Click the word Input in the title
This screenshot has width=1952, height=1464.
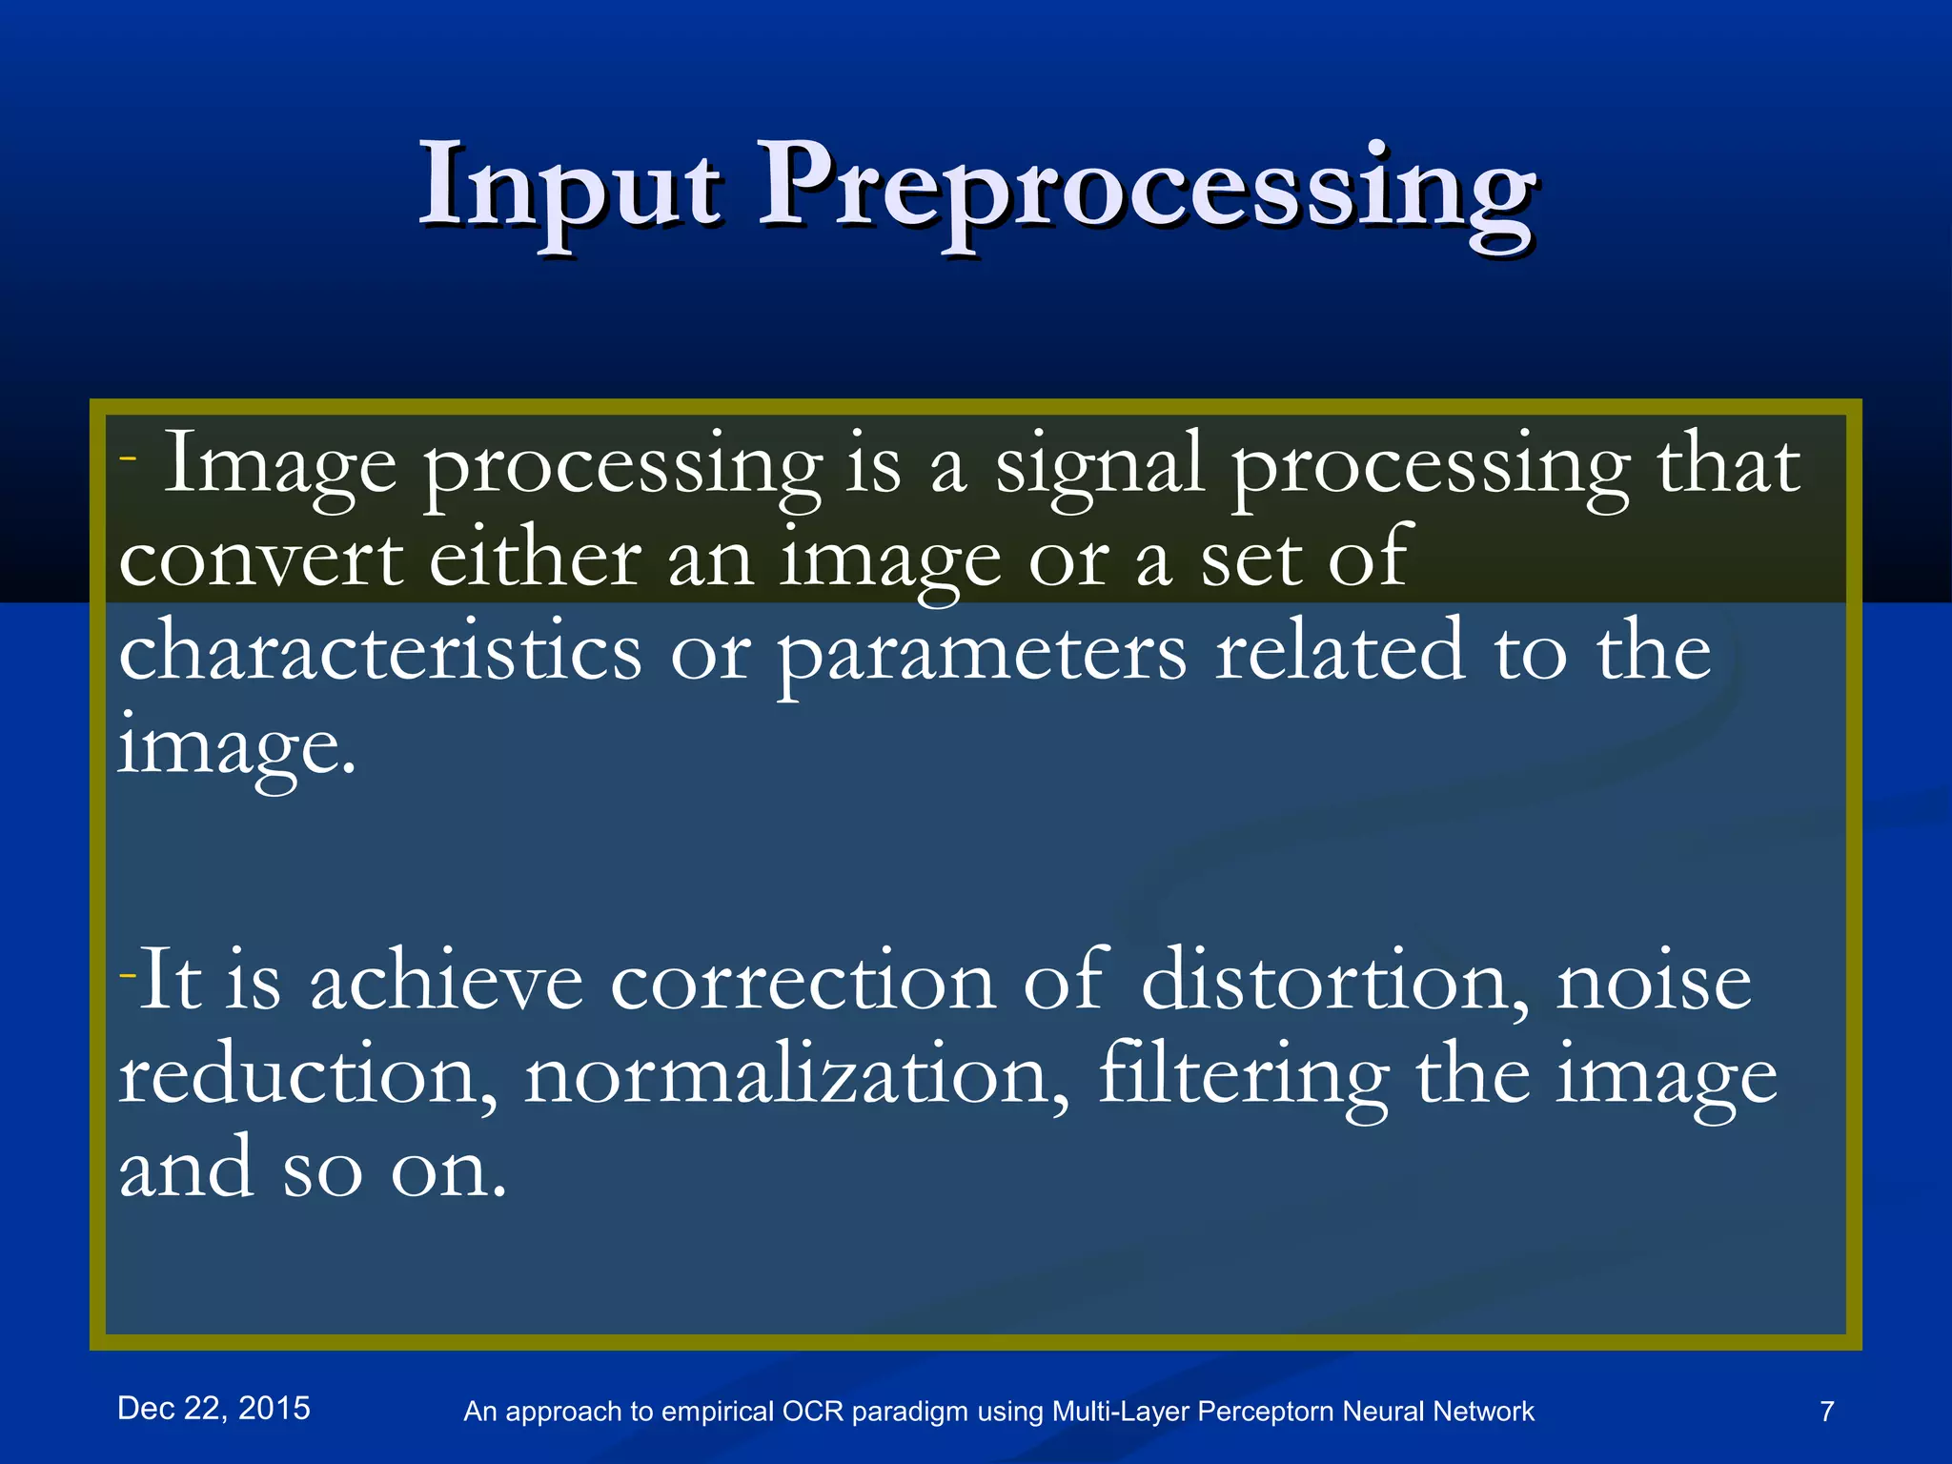click(569, 186)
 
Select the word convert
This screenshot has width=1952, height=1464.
click(260, 560)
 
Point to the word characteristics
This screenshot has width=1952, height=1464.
click(379, 652)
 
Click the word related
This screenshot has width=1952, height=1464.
click(1339, 652)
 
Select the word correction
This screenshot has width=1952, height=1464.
click(803, 982)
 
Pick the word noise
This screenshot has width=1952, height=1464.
click(1654, 982)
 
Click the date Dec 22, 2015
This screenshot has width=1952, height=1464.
click(213, 1408)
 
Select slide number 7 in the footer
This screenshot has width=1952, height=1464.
click(1826, 1412)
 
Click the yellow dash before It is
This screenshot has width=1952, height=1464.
click(128, 975)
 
